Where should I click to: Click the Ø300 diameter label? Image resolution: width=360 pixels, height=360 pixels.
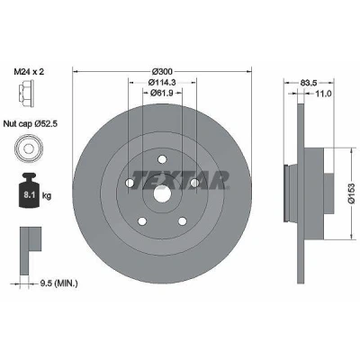coord(162,71)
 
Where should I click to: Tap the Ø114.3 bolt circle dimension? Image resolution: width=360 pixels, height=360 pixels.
coord(162,82)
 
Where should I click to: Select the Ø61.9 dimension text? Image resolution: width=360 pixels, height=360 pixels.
coord(162,93)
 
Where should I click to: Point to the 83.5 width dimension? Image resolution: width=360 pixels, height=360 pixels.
coord(309,82)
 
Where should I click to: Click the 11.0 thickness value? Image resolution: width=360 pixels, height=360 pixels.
coord(323,94)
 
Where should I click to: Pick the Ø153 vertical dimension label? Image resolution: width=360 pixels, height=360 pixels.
coord(351,193)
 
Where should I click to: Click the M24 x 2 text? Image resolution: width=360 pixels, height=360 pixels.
coord(29,72)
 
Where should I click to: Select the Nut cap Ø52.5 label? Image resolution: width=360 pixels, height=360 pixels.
coord(31,123)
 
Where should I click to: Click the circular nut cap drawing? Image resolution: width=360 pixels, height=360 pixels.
coord(29,148)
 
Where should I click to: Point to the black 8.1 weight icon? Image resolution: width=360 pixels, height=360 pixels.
coord(29,191)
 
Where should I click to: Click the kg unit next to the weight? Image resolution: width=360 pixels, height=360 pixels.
coord(47,196)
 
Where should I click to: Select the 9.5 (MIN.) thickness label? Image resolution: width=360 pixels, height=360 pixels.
coord(58,283)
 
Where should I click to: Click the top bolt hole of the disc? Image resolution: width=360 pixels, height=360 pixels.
coord(162,159)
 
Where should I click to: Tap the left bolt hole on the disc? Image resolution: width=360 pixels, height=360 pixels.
coord(130,183)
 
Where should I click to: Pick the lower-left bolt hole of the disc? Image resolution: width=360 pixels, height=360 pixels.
coord(142,221)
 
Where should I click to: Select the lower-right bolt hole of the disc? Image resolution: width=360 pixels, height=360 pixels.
coord(182,221)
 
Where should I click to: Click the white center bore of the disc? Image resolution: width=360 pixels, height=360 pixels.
coord(162,193)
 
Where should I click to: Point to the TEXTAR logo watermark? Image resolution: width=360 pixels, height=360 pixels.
coord(180,180)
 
